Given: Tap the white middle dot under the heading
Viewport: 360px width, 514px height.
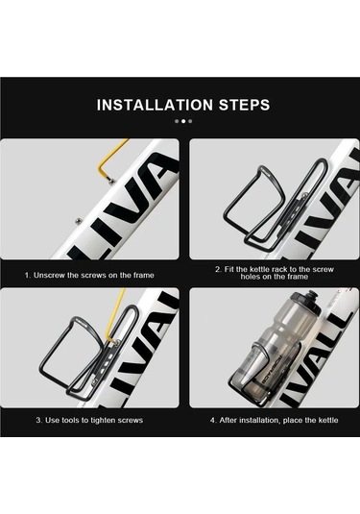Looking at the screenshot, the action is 183,121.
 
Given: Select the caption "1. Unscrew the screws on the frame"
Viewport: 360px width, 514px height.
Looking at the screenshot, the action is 89,275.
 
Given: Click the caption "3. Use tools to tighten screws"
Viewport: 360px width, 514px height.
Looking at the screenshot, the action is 89,420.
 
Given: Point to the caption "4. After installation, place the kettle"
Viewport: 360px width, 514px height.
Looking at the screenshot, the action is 275,420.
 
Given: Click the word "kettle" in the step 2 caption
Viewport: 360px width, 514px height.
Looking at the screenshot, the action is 262,269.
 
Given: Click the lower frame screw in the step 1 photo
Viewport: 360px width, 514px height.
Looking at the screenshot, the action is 79,220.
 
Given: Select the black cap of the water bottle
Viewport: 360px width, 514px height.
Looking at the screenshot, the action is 305,299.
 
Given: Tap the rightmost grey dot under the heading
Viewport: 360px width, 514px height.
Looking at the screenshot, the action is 190,121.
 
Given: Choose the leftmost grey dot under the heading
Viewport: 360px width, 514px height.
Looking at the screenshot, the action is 177,121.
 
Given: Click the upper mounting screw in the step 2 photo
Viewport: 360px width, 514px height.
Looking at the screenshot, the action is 304,196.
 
